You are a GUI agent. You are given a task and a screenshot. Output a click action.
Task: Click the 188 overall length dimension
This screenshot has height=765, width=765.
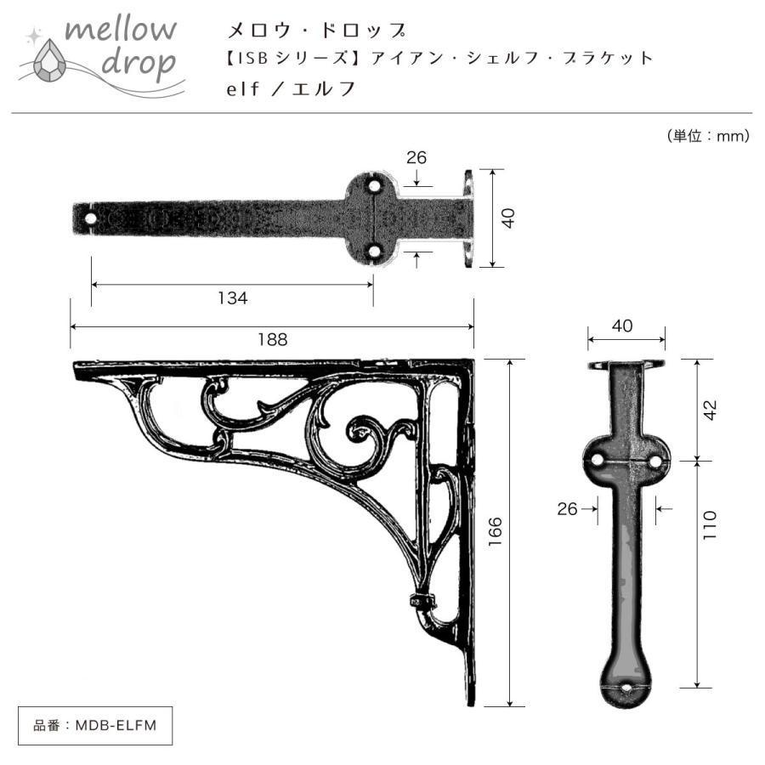coord(272,339)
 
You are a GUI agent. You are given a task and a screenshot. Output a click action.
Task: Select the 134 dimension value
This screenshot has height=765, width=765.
coord(231,298)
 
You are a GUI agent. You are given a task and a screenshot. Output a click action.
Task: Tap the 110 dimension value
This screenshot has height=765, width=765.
coord(711,527)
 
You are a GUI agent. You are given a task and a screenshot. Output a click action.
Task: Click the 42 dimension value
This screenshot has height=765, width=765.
coord(711,410)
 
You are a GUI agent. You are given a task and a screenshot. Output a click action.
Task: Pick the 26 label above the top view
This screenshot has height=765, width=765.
coord(416,157)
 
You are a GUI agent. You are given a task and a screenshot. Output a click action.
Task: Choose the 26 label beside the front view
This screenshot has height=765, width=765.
coord(567,508)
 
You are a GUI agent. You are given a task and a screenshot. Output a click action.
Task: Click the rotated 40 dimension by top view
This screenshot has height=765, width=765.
coord(507,218)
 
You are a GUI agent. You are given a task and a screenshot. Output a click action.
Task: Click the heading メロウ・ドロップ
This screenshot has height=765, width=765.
coord(314,31)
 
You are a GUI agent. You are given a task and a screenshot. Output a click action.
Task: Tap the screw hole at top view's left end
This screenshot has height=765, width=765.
coord(90,218)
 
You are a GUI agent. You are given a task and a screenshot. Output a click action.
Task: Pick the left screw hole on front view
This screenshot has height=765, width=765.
coord(598,460)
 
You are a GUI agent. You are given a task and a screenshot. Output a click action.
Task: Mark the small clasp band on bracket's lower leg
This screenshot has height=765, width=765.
coord(421,600)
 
